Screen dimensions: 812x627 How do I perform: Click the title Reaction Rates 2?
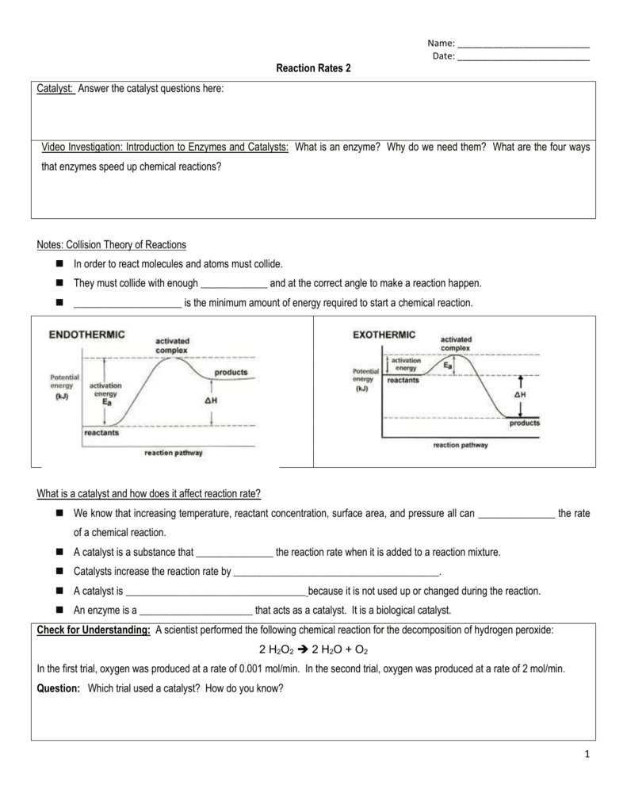312,69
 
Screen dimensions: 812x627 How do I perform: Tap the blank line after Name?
524,44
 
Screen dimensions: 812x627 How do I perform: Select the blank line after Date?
524,58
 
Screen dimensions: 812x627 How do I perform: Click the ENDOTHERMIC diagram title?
87,335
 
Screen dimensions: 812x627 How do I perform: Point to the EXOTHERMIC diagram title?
384,335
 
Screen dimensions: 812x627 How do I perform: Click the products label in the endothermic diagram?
231,372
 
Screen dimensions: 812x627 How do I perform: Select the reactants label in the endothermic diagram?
101,433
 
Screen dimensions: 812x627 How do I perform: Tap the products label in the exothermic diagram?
524,423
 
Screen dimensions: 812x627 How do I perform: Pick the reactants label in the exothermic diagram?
403,380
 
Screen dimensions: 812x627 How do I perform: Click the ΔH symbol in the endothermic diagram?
211,400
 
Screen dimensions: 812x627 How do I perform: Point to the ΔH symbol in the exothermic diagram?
520,393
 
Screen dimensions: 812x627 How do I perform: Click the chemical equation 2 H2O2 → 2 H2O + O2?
313,650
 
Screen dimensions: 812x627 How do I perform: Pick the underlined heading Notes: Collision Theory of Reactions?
112,244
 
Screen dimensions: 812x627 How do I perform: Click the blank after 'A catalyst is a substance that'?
234,552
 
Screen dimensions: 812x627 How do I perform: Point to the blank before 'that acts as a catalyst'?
195,611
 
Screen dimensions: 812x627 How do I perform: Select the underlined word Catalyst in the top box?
55,90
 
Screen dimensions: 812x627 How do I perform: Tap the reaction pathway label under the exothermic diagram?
460,445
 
